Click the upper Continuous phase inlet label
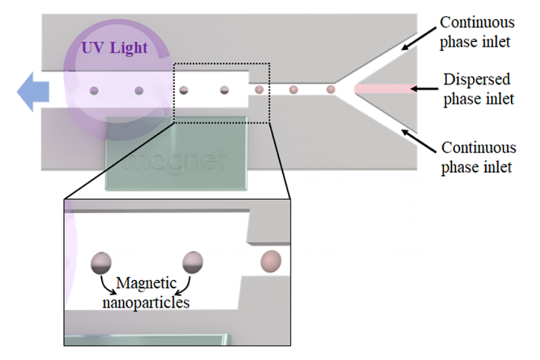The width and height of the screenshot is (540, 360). pos(477,32)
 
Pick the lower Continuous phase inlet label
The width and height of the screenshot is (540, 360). pos(478,157)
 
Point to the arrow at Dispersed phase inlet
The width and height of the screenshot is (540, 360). pos(424,89)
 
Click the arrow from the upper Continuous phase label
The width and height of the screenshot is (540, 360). pos(418,39)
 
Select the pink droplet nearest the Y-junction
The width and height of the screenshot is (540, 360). pos(331,89)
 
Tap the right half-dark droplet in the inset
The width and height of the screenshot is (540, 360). pos(192,262)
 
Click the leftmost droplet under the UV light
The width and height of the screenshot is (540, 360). pos(94,90)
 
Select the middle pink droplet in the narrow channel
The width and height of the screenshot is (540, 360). pos(293,89)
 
